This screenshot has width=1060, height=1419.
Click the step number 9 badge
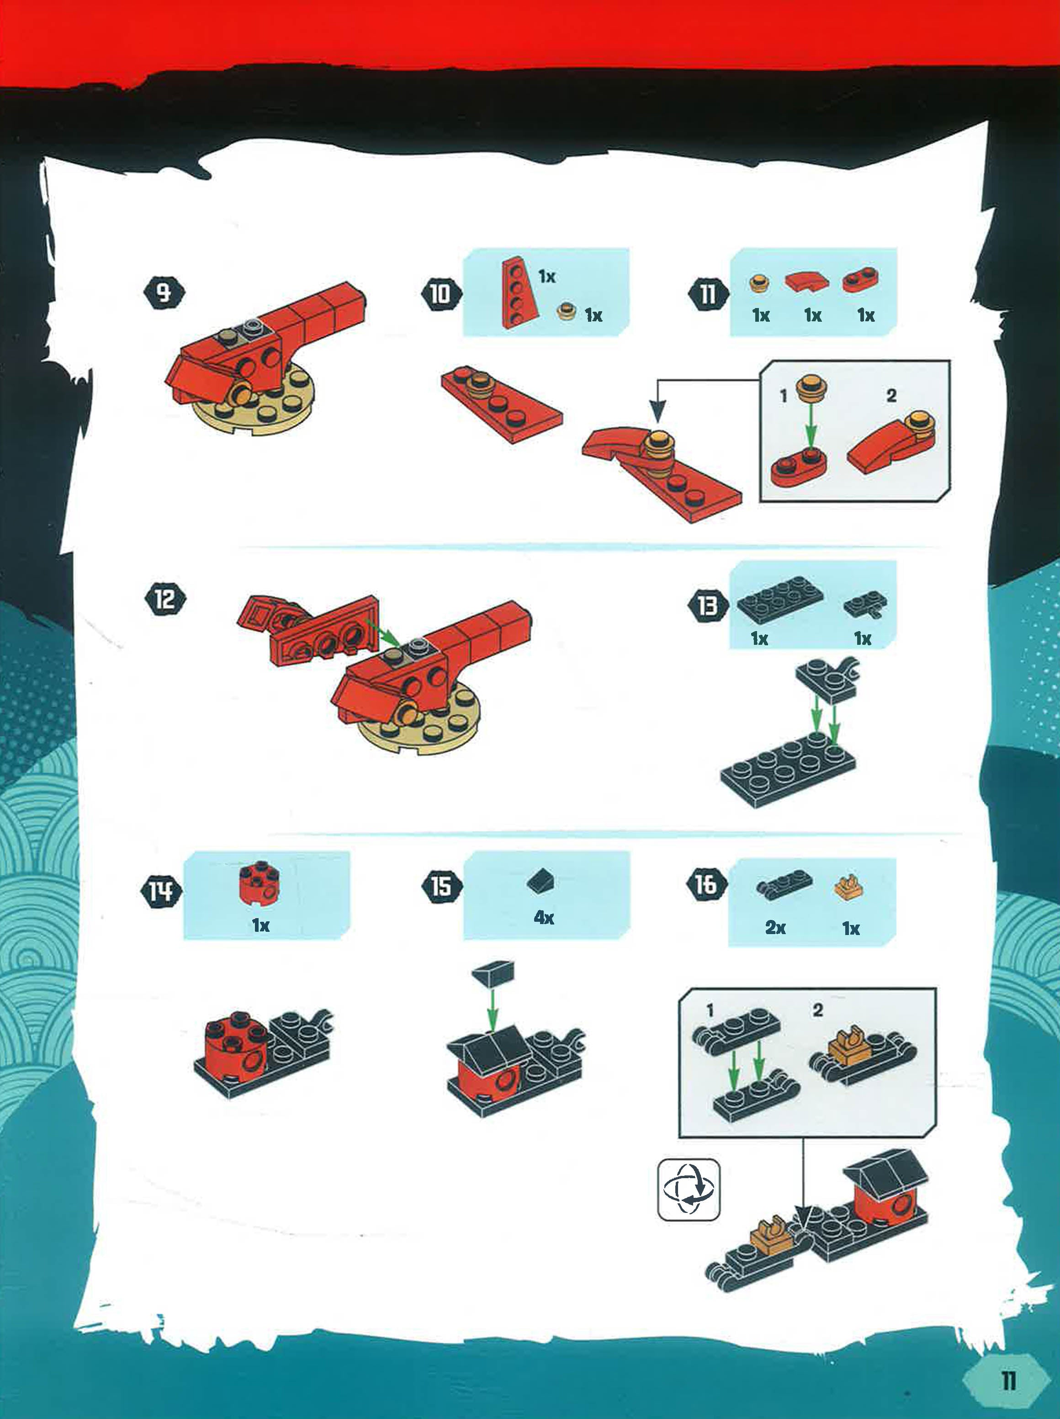[164, 294]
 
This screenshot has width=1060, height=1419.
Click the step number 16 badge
[706, 885]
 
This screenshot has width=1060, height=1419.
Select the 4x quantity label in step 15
[544, 917]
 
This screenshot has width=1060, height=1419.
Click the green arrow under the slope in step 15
[492, 1008]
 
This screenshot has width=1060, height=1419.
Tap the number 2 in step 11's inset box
[890, 396]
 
